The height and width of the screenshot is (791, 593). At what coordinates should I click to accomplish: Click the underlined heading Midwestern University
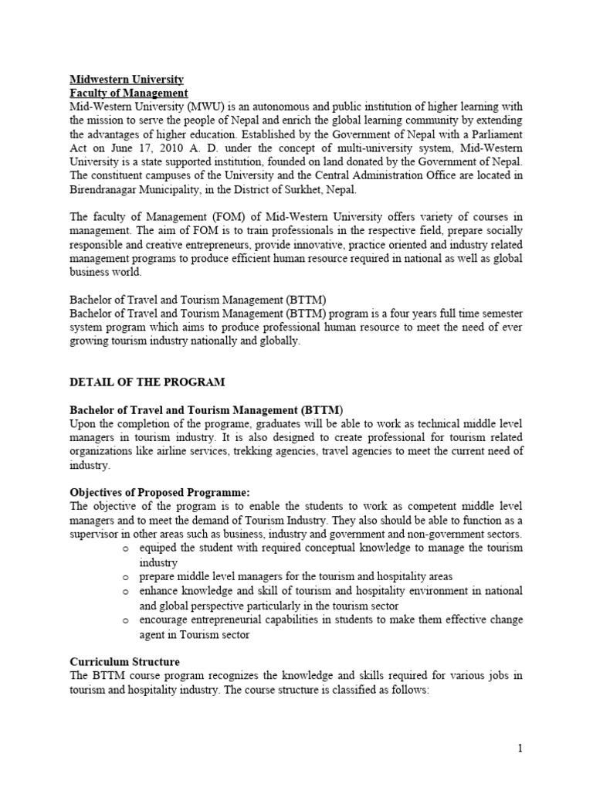tap(127, 79)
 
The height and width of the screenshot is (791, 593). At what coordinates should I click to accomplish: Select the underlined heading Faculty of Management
tap(129, 93)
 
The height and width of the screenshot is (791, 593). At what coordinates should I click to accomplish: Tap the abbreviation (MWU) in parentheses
tap(183, 107)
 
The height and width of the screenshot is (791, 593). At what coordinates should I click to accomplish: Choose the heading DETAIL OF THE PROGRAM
tap(147, 382)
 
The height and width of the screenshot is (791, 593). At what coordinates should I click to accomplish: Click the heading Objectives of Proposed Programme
tap(161, 493)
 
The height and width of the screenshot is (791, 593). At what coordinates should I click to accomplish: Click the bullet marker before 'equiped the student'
tap(125, 549)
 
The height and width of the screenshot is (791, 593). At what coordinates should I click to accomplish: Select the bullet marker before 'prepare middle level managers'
tap(125, 577)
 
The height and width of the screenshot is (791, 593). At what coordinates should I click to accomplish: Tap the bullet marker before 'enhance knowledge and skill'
tap(125, 591)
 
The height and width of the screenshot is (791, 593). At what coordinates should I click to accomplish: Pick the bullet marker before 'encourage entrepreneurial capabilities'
tap(125, 620)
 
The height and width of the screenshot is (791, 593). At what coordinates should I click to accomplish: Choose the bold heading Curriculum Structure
tap(125, 662)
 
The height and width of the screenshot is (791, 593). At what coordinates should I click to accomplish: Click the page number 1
tap(520, 747)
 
